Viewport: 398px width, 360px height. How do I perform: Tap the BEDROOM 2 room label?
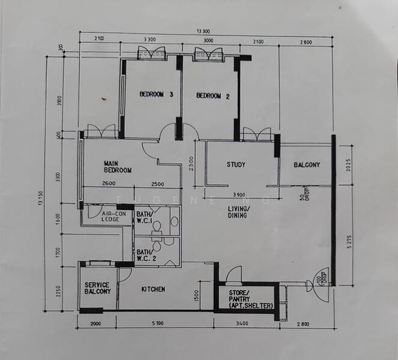pyautogui.click(x=213, y=95)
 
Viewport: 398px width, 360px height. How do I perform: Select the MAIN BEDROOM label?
pyautogui.click(x=118, y=166)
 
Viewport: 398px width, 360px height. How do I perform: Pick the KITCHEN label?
pyautogui.click(x=153, y=289)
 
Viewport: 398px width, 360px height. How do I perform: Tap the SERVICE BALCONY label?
pyautogui.click(x=97, y=288)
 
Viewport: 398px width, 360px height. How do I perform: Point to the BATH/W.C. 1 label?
pyautogui.click(x=145, y=218)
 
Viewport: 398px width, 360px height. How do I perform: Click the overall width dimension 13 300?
pyautogui.click(x=204, y=31)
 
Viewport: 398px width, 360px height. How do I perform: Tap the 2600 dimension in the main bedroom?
pyautogui.click(x=109, y=184)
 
